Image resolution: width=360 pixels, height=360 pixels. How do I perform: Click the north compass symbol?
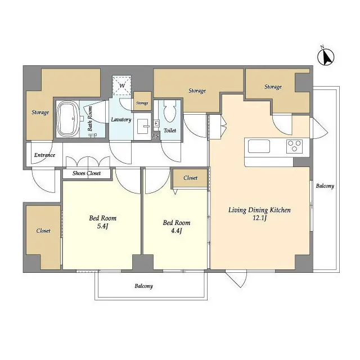pyautogui.click(x=326, y=56)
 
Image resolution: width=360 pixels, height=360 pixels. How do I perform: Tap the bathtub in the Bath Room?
pyautogui.click(x=68, y=119)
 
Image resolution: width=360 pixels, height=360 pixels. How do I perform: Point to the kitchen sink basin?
pyautogui.click(x=259, y=147)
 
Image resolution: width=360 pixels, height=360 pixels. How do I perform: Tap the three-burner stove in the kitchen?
pyautogui.click(x=294, y=146)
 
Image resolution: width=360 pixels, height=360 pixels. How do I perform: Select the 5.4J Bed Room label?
pyautogui.click(x=102, y=222)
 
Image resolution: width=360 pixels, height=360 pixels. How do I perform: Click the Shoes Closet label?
pyautogui.click(x=86, y=173)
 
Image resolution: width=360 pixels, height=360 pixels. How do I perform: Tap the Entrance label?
pyautogui.click(x=44, y=155)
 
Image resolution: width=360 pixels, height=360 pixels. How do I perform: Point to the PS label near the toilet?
pyautogui.click(x=155, y=136)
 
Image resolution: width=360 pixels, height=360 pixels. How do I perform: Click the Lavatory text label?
pyautogui.click(x=121, y=120)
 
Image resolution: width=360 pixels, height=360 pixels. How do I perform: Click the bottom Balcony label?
pyautogui.click(x=143, y=286)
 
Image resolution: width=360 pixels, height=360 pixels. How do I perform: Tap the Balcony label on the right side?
pyautogui.click(x=325, y=186)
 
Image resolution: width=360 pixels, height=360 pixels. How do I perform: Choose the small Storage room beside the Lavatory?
pyautogui.click(x=142, y=103)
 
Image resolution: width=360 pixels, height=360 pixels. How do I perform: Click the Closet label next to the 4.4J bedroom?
pyautogui.click(x=190, y=178)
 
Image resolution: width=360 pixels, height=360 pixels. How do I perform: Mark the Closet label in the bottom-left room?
pyautogui.click(x=43, y=231)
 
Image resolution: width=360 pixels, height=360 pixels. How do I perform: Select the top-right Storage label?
pyautogui.click(x=273, y=87)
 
